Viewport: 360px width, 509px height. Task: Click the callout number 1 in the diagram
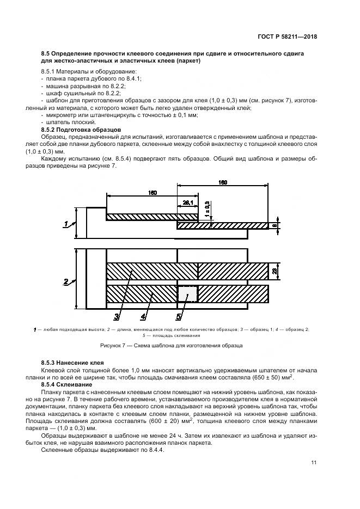click(x=66, y=223)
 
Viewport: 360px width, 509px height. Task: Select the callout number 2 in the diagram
click(x=66, y=281)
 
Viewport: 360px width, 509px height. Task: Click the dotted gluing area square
click(x=187, y=295)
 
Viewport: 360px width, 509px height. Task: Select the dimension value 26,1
click(x=188, y=203)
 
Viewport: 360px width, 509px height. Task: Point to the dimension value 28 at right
click(x=275, y=271)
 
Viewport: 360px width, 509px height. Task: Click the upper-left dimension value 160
click(x=152, y=193)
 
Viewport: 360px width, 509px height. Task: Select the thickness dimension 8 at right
click(x=275, y=225)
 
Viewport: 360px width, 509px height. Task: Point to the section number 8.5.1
click(x=48, y=72)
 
